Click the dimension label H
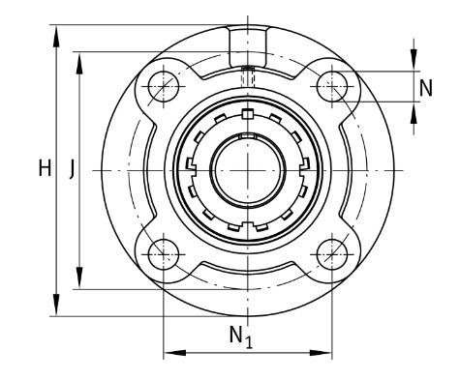point(45,168)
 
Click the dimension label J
point(73,169)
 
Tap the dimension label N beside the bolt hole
point(425,88)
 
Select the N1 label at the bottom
point(241,337)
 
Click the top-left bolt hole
point(164,86)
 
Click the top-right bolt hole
point(332,86)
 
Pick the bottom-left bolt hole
point(164,254)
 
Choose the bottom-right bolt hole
point(332,254)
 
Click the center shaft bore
point(248,170)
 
